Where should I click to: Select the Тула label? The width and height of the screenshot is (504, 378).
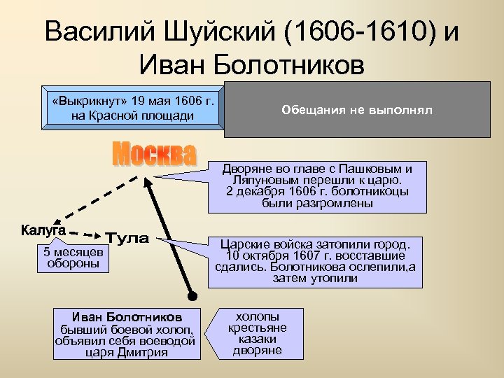coord(127,239)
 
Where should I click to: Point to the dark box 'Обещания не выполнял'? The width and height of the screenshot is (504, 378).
coord(357,110)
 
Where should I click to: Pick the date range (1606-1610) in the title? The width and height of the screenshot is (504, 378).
coord(357,33)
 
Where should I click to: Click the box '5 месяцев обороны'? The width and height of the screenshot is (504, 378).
coord(74,258)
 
